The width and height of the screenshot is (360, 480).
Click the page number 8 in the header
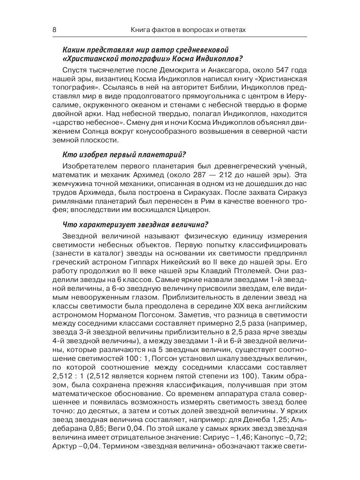pyautogui.click(x=55, y=30)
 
